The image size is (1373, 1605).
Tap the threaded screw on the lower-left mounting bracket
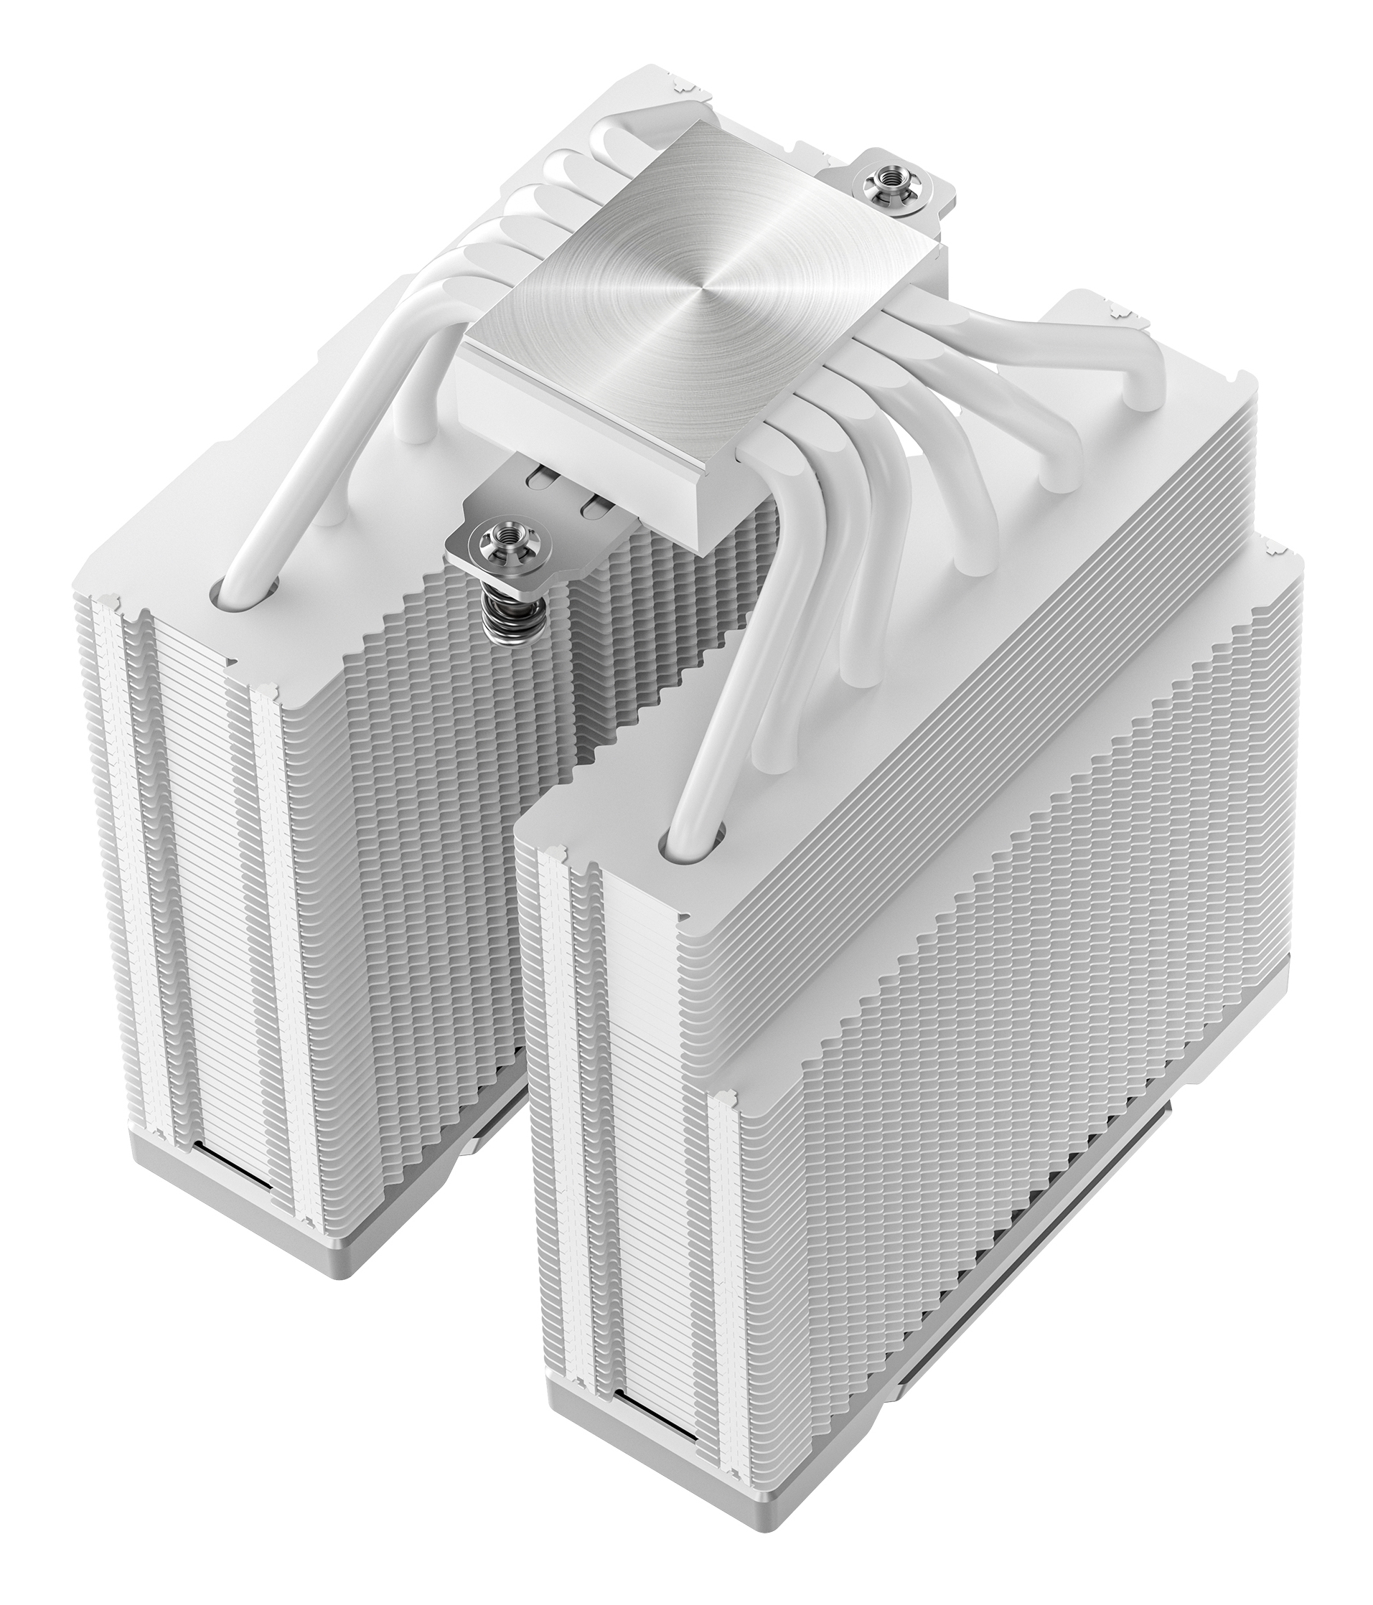pos(490,532)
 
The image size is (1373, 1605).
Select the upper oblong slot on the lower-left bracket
pos(543,479)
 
